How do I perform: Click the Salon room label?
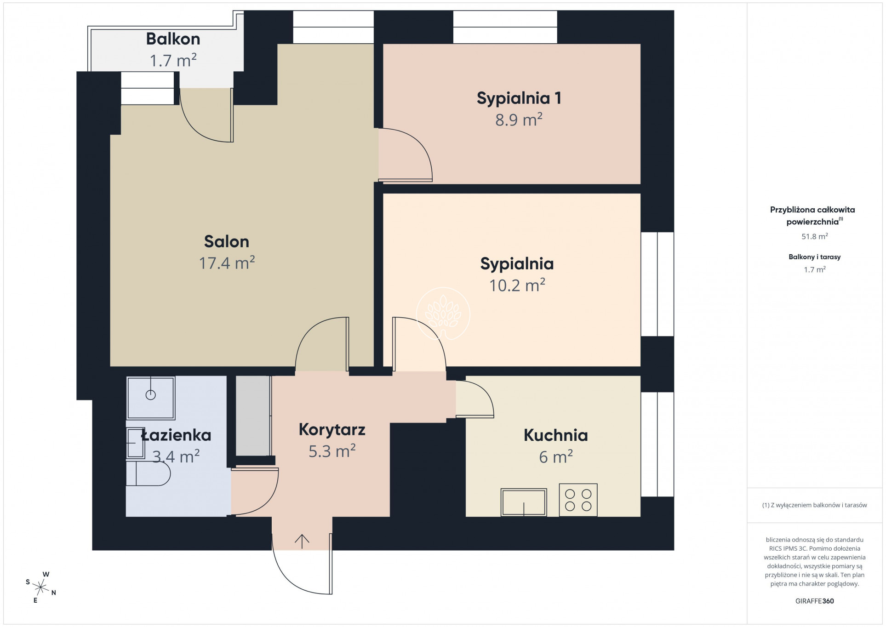click(226, 241)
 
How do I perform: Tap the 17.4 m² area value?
click(227, 263)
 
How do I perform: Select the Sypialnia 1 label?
click(519, 98)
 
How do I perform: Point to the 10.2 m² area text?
click(517, 285)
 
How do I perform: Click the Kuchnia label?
click(555, 435)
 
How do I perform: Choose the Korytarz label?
click(332, 430)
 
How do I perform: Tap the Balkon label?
click(173, 39)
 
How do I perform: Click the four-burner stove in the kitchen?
click(578, 500)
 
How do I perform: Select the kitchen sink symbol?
click(524, 502)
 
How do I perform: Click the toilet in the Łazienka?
click(148, 473)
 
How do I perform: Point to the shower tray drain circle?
click(150, 394)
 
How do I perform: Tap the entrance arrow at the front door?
click(302, 541)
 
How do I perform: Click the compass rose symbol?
click(41, 587)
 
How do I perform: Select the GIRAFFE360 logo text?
click(814, 601)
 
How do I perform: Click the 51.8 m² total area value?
click(814, 236)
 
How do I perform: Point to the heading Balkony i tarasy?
click(814, 257)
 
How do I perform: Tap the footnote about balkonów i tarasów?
click(814, 505)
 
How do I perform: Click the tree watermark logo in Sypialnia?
click(443, 313)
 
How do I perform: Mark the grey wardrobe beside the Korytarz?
click(253, 416)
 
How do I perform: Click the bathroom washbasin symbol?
click(135, 443)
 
